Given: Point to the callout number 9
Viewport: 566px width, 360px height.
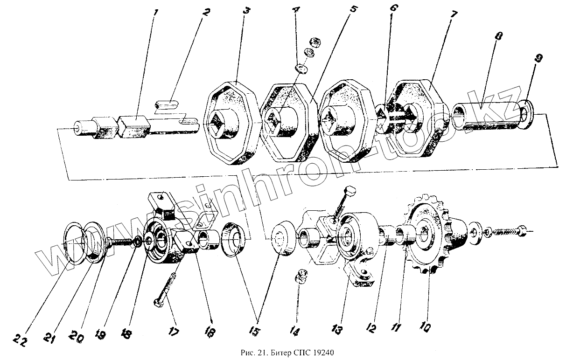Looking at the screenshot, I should [x=539, y=58].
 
